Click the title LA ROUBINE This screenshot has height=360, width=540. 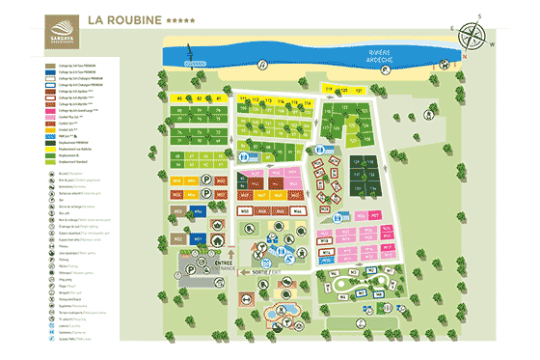pos(124,18)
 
